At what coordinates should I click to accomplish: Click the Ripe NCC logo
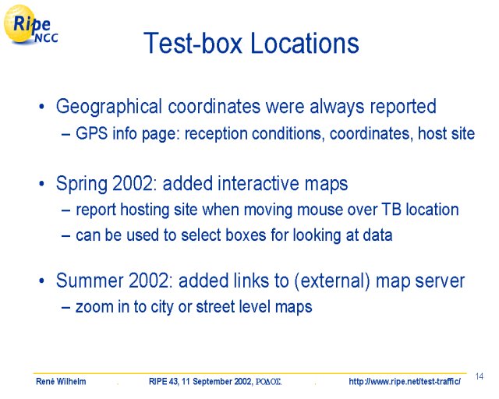click(30, 25)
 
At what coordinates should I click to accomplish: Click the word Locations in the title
click(305, 43)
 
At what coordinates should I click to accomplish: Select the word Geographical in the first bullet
click(109, 107)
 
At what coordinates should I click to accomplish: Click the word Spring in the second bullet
click(82, 185)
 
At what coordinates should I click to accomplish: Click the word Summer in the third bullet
click(90, 281)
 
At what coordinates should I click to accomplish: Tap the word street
click(214, 307)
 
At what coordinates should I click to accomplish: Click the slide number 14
click(480, 376)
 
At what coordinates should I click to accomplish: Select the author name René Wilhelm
click(61, 381)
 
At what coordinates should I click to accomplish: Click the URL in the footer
click(405, 381)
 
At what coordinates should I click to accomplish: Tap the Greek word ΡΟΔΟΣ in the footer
click(268, 382)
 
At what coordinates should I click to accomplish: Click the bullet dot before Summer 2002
click(41, 281)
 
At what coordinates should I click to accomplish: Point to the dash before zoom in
click(65, 308)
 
